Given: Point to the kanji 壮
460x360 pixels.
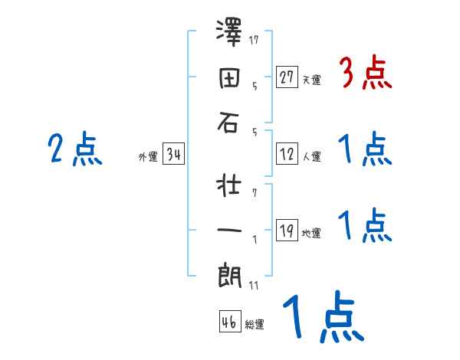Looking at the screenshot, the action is pos(228,186).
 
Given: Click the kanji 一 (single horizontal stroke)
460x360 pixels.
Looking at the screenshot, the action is pos(228,231).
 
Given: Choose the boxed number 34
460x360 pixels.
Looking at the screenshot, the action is pos(173,155).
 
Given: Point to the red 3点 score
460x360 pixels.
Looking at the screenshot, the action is pos(365,74).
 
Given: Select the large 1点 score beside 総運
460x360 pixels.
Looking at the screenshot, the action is pos(321,317).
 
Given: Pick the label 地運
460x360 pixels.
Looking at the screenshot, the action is pos(311,234).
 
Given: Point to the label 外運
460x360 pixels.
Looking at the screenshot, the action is pos(148,157).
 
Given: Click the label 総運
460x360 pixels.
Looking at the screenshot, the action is pos(255,325).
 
